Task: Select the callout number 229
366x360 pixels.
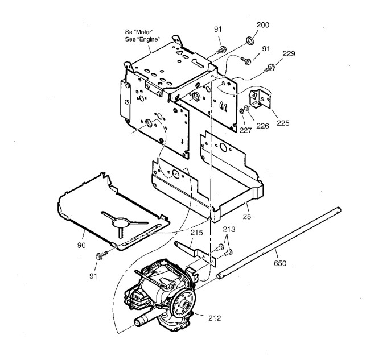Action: point(289,54)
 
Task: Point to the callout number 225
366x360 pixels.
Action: point(282,122)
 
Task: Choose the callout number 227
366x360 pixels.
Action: point(245,129)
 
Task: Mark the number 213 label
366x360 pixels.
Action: point(228,230)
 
